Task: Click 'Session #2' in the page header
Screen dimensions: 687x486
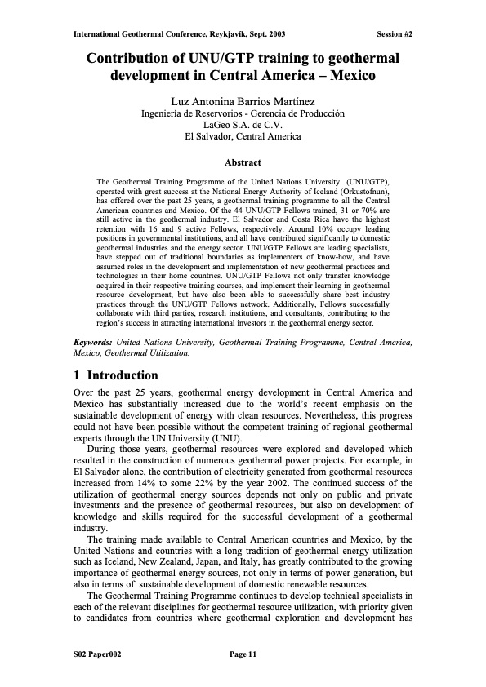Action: pyautogui.click(x=395, y=34)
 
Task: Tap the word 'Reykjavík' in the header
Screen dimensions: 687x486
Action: pyautogui.click(x=231, y=34)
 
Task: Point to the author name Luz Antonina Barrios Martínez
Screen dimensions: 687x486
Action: pyautogui.click(x=243, y=100)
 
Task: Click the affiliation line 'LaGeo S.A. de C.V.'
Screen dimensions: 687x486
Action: pyautogui.click(x=243, y=125)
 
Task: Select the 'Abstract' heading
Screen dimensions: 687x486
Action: pyautogui.click(x=243, y=162)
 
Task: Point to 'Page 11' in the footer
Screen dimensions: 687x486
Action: pyautogui.click(x=243, y=654)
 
